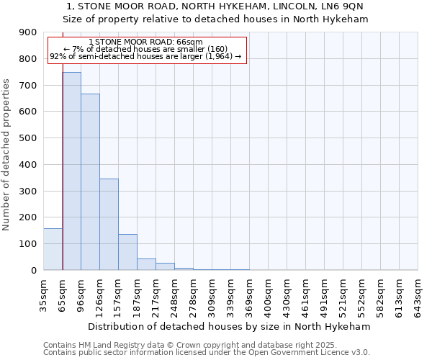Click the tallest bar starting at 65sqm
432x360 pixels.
pyautogui.click(x=71, y=171)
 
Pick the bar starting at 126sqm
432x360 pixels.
pyautogui.click(x=109, y=224)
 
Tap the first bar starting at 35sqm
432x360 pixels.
pyautogui.click(x=53, y=249)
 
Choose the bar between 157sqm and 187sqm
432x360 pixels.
pyautogui.click(x=127, y=252)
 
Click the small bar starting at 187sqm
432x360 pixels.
pyautogui.click(x=146, y=264)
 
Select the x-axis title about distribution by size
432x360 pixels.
pyautogui.click(x=230, y=326)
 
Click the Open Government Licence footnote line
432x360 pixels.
pyautogui.click(x=206, y=353)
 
